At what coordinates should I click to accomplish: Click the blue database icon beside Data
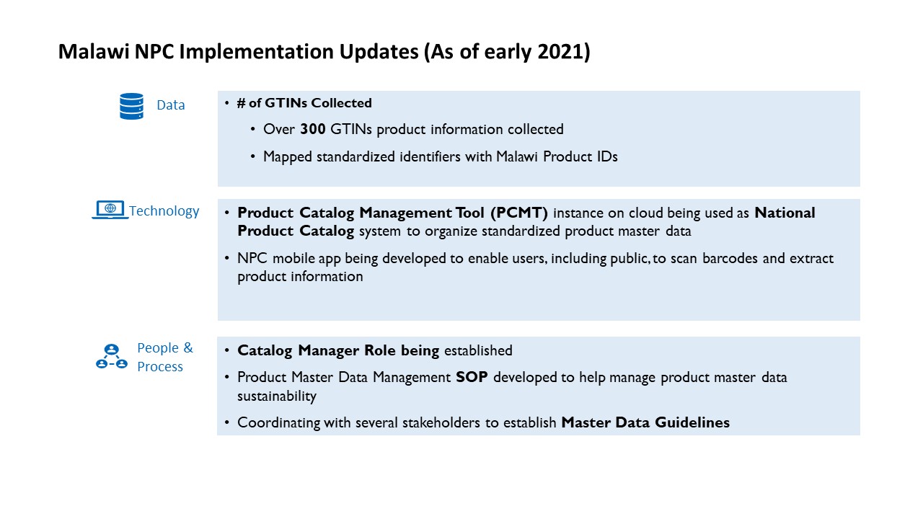click(131, 106)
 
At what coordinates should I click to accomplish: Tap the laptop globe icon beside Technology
click(110, 210)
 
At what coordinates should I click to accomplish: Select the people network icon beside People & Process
click(111, 357)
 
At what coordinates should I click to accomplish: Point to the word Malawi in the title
click(93, 52)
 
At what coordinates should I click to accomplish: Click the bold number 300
click(313, 130)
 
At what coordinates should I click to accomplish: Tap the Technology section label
click(164, 211)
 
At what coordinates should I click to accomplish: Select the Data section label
click(171, 105)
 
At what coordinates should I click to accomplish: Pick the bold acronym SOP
click(472, 377)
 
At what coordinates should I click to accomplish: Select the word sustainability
click(277, 396)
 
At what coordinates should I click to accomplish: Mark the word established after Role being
click(478, 351)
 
